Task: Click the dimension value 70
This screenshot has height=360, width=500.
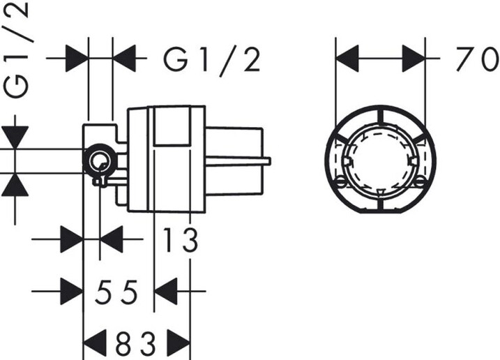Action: click(x=477, y=59)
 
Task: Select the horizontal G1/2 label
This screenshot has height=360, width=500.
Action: click(x=212, y=60)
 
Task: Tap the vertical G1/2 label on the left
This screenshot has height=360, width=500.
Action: click(x=17, y=50)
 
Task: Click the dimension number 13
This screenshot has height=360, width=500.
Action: click(x=181, y=239)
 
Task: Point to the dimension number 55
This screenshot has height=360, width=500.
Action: click(x=116, y=292)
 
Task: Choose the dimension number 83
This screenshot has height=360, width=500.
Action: click(x=136, y=344)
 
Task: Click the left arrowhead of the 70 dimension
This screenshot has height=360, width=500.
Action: click(x=347, y=59)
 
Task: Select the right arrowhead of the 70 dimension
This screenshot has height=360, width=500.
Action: click(x=414, y=59)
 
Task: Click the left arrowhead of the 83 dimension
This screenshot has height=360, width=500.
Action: click(x=94, y=343)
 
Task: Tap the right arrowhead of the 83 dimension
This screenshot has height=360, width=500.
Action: click(x=179, y=343)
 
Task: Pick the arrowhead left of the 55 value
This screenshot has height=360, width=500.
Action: click(x=72, y=291)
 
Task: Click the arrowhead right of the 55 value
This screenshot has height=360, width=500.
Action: click(x=165, y=291)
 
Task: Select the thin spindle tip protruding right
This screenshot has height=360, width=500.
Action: click(x=267, y=161)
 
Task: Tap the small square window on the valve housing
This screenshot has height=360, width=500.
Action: click(x=172, y=127)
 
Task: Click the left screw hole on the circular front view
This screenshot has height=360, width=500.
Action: click(x=341, y=183)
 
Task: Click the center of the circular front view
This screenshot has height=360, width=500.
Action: click(x=381, y=160)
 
